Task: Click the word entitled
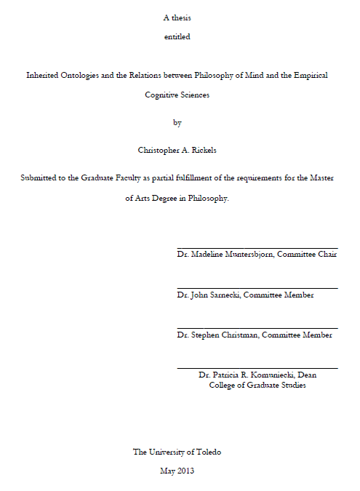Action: (x=177, y=36)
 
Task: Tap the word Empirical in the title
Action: (x=310, y=75)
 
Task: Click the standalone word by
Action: (x=177, y=122)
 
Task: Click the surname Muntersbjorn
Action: (x=230, y=255)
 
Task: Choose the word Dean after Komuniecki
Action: (x=318, y=375)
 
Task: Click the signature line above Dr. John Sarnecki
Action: (x=257, y=289)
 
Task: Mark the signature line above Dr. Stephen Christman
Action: (x=257, y=329)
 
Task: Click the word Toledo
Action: (x=207, y=452)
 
